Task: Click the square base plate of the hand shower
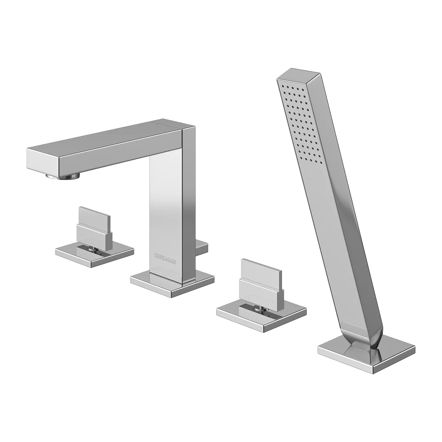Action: point(366,353)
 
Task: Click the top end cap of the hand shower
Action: point(299,74)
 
